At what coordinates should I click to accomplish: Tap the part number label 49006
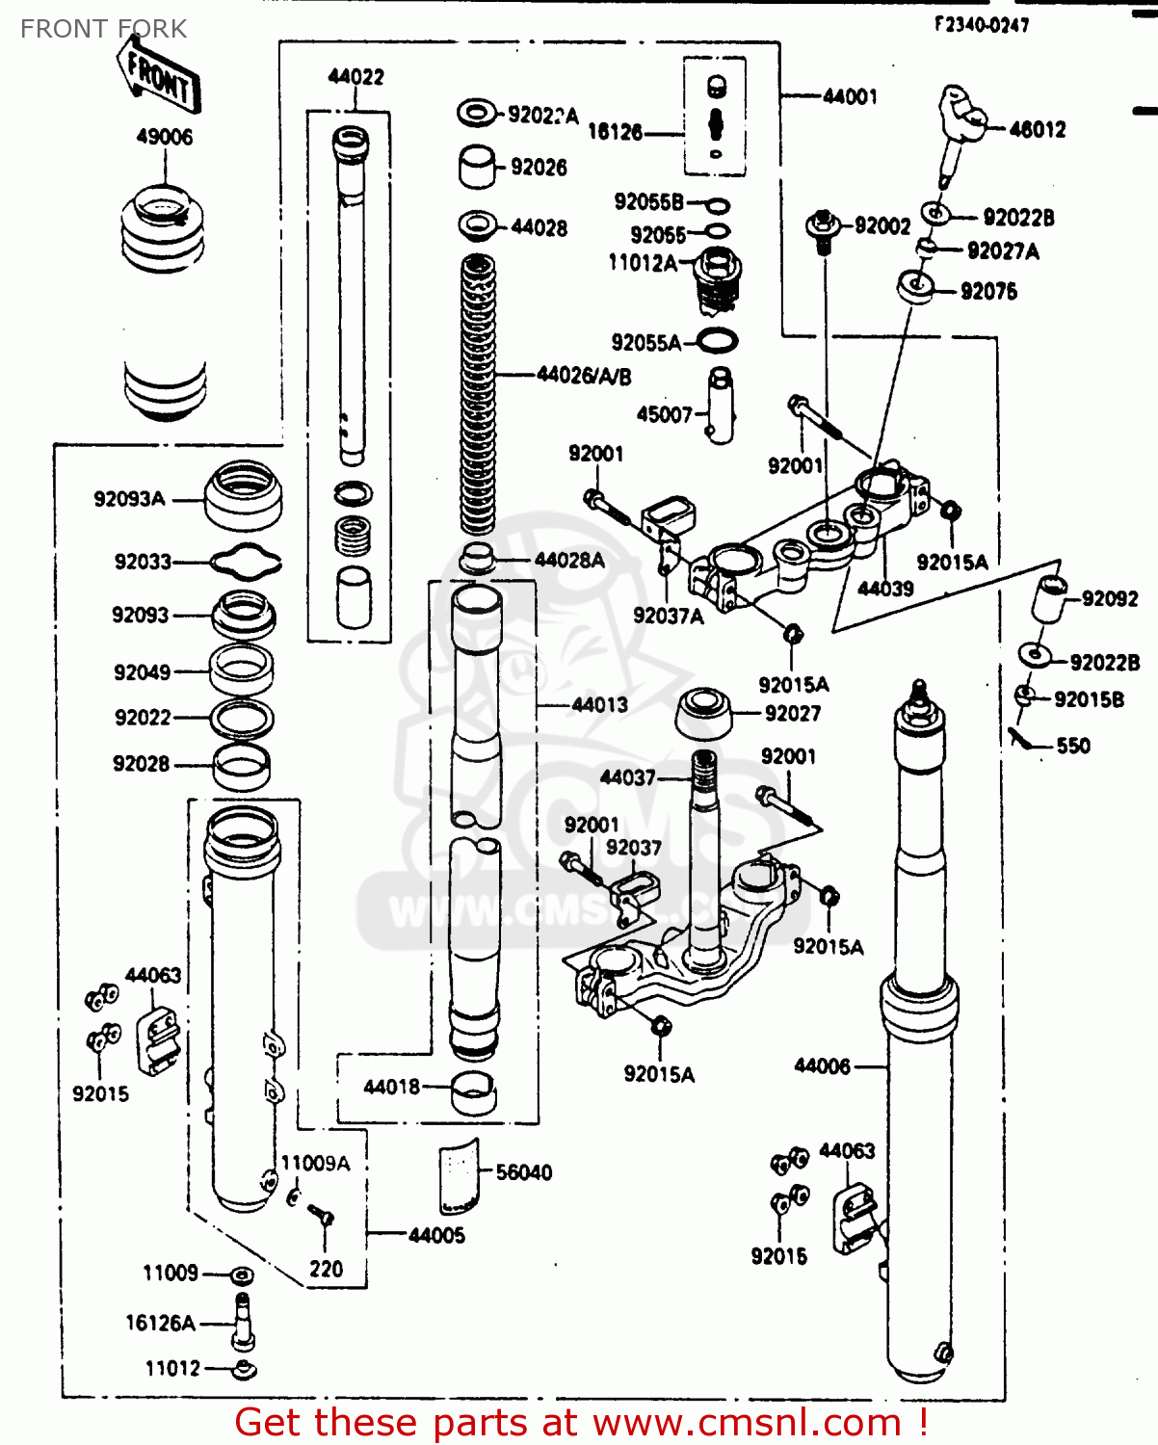(x=164, y=137)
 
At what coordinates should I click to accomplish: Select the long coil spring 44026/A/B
(x=478, y=395)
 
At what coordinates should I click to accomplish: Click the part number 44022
(x=355, y=77)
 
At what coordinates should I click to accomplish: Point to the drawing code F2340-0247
(x=981, y=25)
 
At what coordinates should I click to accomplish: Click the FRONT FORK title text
(x=103, y=29)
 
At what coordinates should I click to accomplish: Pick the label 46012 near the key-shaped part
(x=1037, y=129)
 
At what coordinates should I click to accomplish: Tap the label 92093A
(x=129, y=499)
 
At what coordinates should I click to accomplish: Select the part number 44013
(x=599, y=705)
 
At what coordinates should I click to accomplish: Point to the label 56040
(x=523, y=1172)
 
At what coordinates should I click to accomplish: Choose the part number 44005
(x=436, y=1235)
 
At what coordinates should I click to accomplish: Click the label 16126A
(x=160, y=1324)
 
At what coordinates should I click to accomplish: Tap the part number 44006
(x=822, y=1065)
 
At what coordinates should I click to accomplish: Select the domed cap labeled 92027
(x=704, y=713)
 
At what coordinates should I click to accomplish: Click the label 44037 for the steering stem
(x=627, y=777)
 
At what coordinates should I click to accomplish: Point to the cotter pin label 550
(x=1072, y=746)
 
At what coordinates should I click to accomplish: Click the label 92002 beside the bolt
(x=882, y=225)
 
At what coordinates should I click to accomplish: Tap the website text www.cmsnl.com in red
(x=747, y=1422)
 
